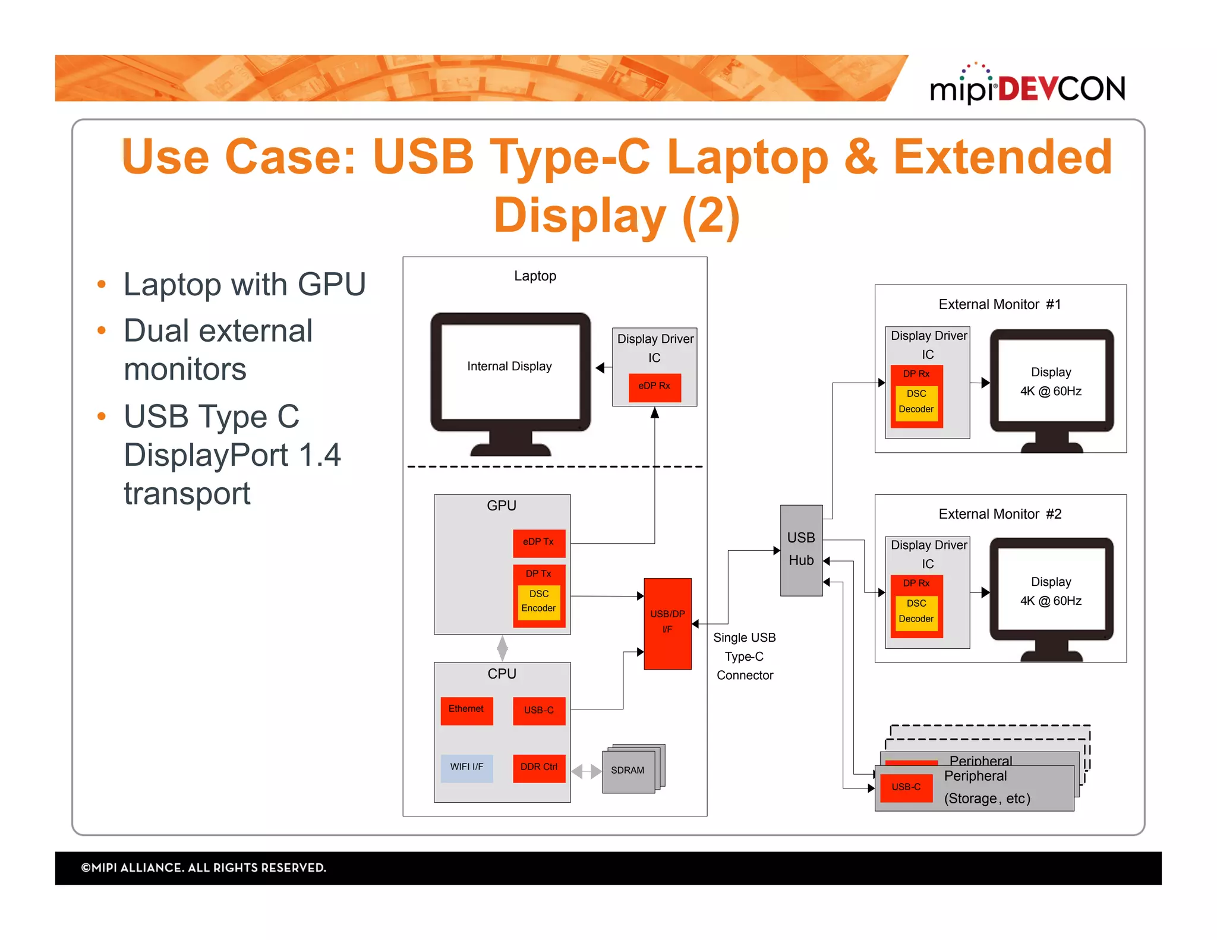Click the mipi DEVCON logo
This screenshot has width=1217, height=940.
pos(1027,87)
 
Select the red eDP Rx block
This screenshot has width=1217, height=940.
pos(654,387)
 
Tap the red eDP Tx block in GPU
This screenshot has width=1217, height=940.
pos(538,542)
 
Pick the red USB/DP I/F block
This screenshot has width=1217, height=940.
pos(667,623)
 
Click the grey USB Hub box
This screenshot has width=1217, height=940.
pos(800,550)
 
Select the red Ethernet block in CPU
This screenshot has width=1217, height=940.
pos(466,710)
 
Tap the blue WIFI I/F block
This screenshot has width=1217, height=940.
pos(466,767)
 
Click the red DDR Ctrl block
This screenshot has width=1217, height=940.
pos(538,767)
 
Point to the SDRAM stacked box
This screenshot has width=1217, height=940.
pos(629,771)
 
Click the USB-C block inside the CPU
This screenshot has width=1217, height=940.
pos(538,710)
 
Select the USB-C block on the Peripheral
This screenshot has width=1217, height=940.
pos(906,787)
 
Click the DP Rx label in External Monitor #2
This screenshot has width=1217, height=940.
pos(916,583)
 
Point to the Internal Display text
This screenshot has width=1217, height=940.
pos(509,367)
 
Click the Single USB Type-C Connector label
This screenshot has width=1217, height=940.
pos(744,656)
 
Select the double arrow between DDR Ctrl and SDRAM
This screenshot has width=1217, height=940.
pos(586,772)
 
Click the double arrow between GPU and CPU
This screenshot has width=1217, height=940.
pos(502,648)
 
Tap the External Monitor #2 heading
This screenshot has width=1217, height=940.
pos(1000,514)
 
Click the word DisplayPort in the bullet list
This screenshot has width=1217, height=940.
pos(206,456)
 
